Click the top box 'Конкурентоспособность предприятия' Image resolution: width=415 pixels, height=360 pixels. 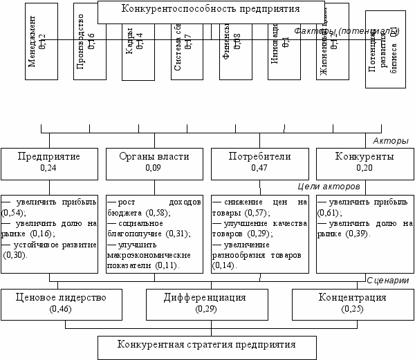(x=210, y=10)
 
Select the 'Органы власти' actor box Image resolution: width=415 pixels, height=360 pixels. (x=154, y=162)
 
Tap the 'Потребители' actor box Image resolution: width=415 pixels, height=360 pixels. (x=259, y=162)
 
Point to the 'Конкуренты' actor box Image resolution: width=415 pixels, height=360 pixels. (x=365, y=162)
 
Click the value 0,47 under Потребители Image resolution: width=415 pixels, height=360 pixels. (x=259, y=167)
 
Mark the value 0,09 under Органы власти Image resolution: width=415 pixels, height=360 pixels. (x=154, y=167)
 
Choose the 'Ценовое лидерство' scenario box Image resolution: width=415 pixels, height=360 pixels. (x=62, y=303)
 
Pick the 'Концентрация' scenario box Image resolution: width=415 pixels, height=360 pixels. (x=352, y=303)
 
